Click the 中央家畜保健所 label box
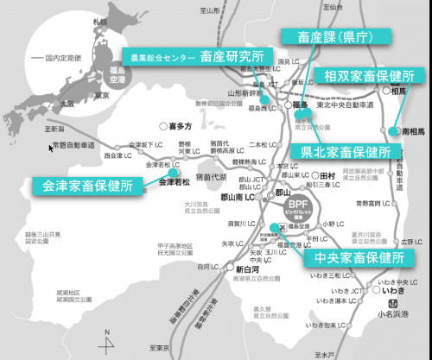(x=355, y=256)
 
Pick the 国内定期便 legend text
(x=68, y=58)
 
